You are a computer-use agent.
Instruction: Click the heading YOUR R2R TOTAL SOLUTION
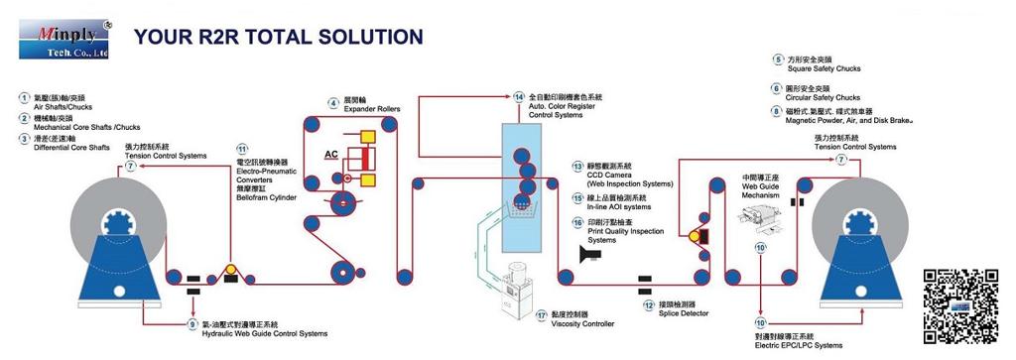click(279, 38)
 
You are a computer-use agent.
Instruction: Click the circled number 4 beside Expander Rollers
click(334, 103)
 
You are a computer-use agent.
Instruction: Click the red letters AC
click(333, 155)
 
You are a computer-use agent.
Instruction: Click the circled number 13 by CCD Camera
click(577, 166)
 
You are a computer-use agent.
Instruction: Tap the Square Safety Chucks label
click(823, 69)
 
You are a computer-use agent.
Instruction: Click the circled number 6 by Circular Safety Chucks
click(777, 87)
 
